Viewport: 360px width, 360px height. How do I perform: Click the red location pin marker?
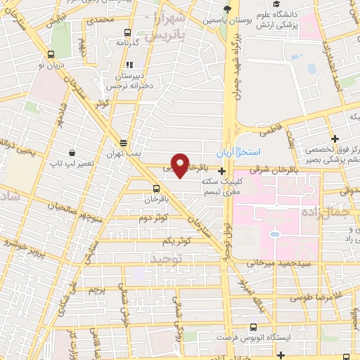click(x=181, y=165)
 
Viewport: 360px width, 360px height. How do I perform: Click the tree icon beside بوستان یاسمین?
click(x=226, y=9)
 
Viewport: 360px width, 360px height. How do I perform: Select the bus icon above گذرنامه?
click(x=127, y=32)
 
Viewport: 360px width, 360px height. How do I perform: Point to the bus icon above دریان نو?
click(x=50, y=53)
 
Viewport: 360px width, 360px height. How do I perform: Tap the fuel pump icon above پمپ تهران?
click(x=124, y=141)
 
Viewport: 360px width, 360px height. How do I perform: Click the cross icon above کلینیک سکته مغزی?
click(x=222, y=171)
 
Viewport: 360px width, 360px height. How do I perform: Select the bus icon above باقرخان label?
click(x=157, y=188)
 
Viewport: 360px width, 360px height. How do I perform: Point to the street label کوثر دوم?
click(x=153, y=218)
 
